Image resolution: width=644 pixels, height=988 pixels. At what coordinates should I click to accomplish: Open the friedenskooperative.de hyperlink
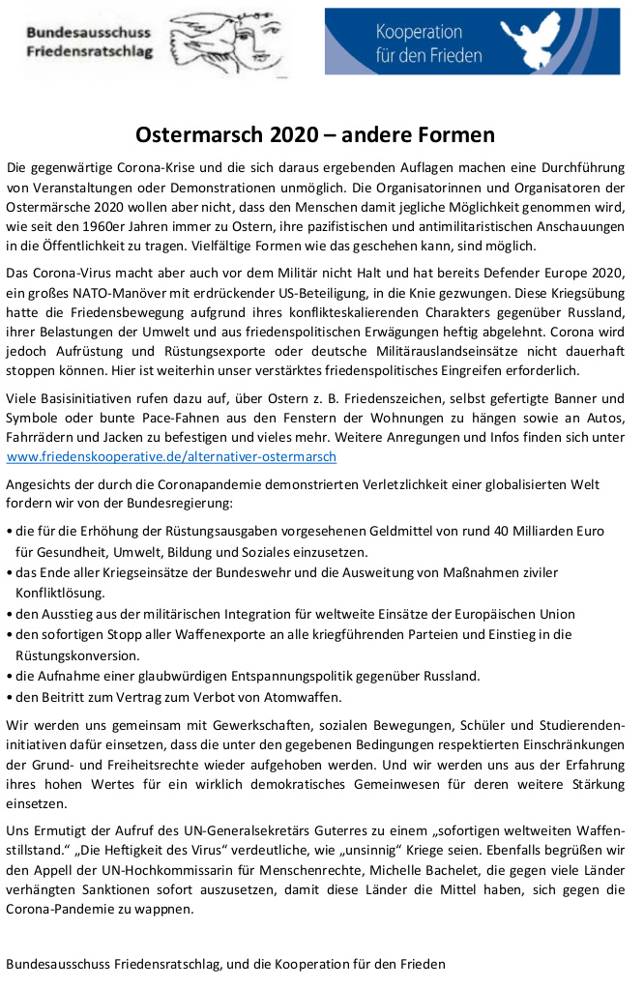click(x=171, y=456)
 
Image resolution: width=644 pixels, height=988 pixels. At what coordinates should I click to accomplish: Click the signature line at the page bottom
click(x=226, y=964)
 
